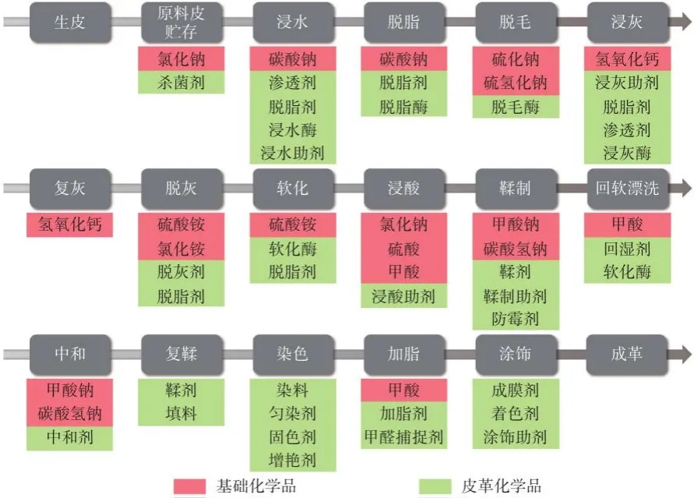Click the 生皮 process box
pos(69,22)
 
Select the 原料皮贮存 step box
pos(181,22)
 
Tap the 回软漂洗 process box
pos(627,189)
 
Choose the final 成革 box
pos(627,355)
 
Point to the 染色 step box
pos(292,355)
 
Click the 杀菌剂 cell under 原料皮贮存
pos(181,83)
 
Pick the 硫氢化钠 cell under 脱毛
pos(515,83)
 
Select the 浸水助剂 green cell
pos(292,153)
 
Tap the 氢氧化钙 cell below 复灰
pos(69,225)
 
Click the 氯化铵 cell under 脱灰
pos(181,249)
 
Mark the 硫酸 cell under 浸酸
pos(403,249)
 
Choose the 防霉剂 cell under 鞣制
pos(515,319)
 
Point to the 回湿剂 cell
pos(627,249)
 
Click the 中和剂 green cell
pos(69,438)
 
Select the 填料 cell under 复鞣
pos(181,414)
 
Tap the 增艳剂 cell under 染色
pos(292,461)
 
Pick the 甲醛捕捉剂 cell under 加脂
pos(403,438)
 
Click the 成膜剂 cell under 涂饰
pos(515,390)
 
